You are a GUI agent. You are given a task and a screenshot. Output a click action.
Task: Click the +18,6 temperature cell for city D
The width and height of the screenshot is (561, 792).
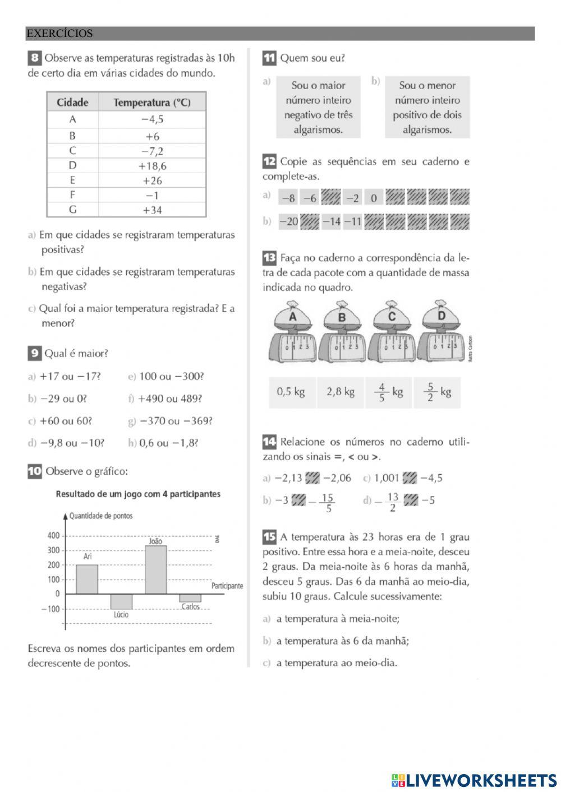pos(152,166)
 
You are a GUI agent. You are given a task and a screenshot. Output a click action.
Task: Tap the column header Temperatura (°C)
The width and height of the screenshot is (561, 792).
pos(152,103)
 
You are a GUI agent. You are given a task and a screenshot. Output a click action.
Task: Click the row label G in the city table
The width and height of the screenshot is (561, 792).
pos(72,210)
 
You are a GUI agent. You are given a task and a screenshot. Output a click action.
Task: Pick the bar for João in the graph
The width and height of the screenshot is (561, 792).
pos(155,569)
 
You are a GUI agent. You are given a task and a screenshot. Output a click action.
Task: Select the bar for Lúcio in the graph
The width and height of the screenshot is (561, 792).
pos(121,601)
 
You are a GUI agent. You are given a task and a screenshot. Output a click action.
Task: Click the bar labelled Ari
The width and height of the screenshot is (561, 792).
pos(87,579)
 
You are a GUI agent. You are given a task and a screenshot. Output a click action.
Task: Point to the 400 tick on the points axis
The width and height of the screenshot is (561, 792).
pos(53,536)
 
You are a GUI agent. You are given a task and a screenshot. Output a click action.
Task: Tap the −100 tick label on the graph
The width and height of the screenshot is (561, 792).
pos(50,609)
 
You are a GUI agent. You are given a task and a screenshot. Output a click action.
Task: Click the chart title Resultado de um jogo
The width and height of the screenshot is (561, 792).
pos(138,494)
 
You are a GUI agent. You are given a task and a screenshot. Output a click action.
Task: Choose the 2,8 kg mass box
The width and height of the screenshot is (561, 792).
pos(341,392)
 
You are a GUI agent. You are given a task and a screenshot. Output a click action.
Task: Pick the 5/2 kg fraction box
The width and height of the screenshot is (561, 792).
pos(437,392)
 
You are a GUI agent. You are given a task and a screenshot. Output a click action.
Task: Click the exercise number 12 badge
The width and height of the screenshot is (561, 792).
pos(269,162)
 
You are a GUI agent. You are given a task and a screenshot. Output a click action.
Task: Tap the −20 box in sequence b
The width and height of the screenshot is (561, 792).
pos(289,221)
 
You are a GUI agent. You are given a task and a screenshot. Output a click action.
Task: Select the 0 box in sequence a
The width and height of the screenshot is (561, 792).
pos(374,198)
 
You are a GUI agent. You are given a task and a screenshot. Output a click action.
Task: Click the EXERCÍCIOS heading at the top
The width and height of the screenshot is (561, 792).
pos(60,34)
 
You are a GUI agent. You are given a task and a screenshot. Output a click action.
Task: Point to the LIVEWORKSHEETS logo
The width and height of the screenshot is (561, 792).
pos(474,780)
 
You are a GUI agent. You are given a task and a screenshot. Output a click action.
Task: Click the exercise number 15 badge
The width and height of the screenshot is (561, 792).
pos(269,537)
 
